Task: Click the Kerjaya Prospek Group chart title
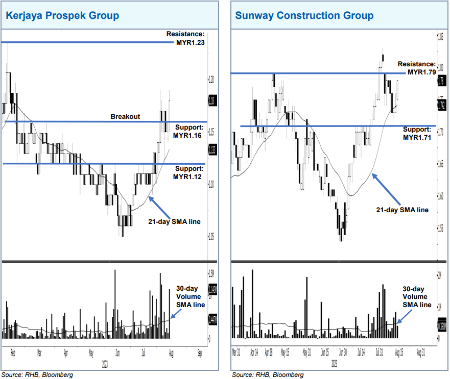62,15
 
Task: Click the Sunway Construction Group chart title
304,15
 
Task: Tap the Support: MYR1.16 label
188,132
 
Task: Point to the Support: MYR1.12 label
188,173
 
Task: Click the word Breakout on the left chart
125,117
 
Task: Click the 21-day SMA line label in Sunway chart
402,210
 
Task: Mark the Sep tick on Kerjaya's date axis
200,351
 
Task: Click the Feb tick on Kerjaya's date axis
12,351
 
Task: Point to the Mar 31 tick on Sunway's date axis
236,351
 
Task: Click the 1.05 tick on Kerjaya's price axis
211,236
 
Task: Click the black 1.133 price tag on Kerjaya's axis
212,149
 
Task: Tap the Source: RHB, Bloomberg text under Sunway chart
267,375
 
